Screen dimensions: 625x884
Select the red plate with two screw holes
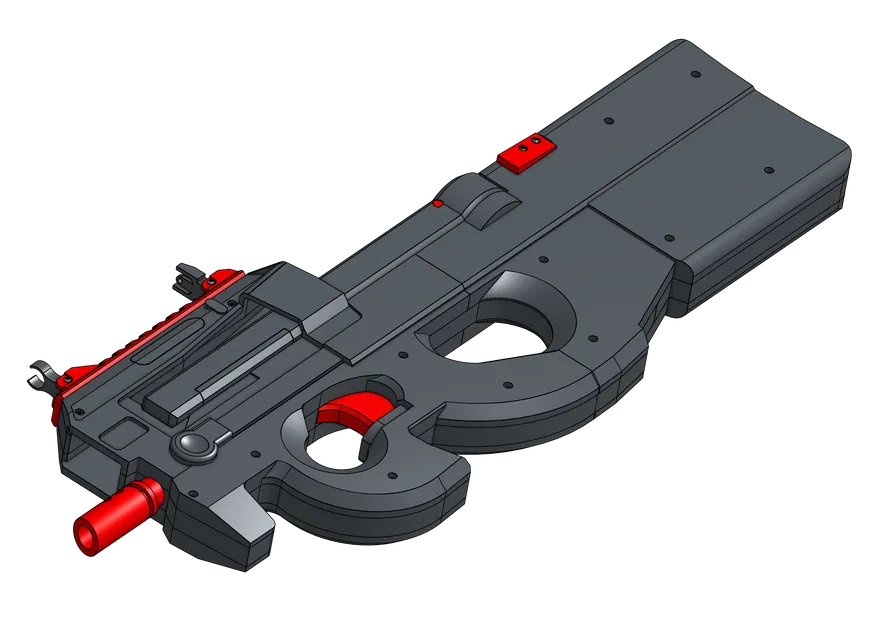coord(526,152)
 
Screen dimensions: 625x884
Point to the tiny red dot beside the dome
coord(438,204)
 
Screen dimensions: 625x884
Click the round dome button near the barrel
coord(193,445)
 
